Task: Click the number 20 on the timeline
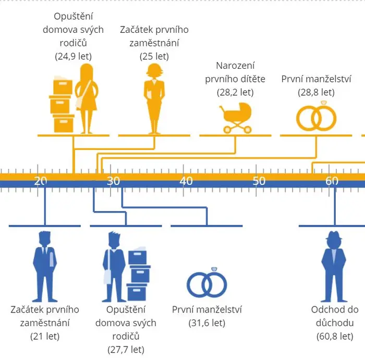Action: (41, 181)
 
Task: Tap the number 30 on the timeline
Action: (113, 181)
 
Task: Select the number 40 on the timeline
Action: (186, 181)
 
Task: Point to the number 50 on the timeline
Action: (259, 181)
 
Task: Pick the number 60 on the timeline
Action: (332, 181)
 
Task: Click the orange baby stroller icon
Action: (236, 118)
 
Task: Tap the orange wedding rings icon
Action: (316, 116)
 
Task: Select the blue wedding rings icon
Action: (206, 282)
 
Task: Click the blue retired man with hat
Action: (334, 266)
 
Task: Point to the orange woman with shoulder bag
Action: (87, 98)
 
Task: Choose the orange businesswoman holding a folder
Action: (154, 98)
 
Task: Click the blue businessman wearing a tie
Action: (45, 266)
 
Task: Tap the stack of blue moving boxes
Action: (138, 274)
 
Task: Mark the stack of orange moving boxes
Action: (62, 104)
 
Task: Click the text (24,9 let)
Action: (74, 56)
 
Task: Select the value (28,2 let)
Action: (235, 92)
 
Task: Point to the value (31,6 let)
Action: (206, 323)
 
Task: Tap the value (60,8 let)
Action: (335, 336)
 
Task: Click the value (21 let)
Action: (45, 336)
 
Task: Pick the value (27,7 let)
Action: (126, 350)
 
